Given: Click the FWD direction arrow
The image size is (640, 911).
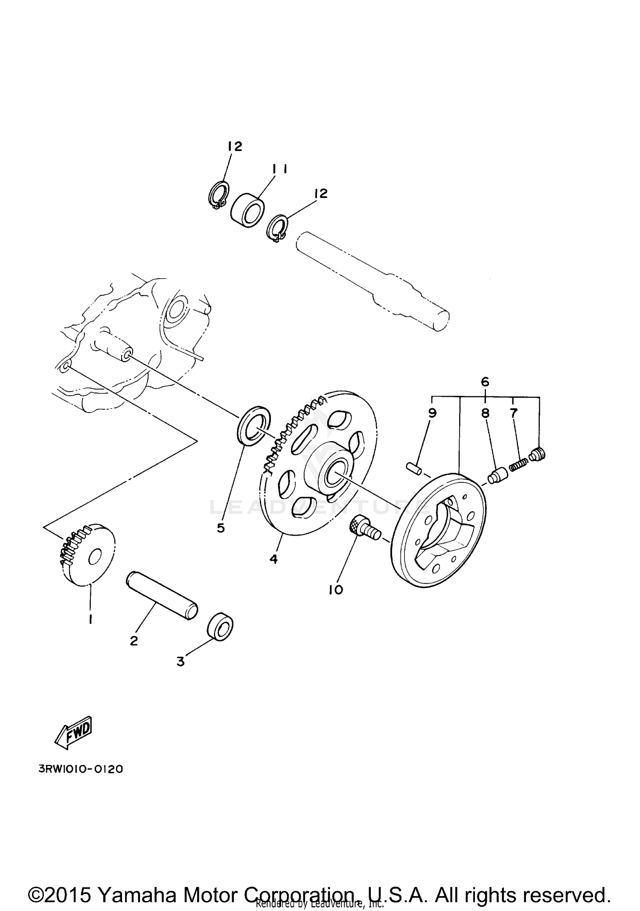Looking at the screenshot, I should [73, 733].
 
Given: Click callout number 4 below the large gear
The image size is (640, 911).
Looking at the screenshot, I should [273, 559].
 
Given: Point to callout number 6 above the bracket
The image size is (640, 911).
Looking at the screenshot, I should [485, 381].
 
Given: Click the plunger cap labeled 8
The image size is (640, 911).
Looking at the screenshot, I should [497, 475].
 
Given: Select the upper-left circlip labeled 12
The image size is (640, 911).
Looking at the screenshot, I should [219, 195].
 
